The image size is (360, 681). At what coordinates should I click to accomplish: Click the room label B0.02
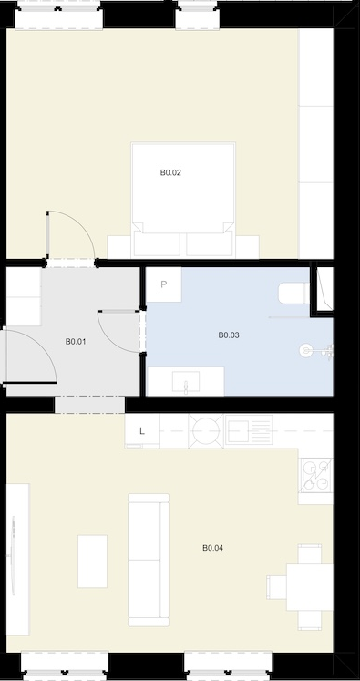click(x=170, y=173)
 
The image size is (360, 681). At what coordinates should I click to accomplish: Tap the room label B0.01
click(x=76, y=342)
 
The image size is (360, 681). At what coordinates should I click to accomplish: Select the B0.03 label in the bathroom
click(x=229, y=335)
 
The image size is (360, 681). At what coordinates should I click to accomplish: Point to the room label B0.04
click(x=212, y=548)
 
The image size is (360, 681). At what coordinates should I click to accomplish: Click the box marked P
click(x=164, y=284)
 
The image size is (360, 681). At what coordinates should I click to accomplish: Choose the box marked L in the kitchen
click(x=142, y=431)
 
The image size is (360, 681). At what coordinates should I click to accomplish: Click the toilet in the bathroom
click(x=294, y=294)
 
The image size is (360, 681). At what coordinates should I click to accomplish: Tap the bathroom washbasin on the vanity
click(x=186, y=382)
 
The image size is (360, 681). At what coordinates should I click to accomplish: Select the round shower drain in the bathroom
click(x=306, y=350)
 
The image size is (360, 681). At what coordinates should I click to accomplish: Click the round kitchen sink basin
click(x=206, y=431)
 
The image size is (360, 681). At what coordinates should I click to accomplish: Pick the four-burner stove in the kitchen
click(x=315, y=476)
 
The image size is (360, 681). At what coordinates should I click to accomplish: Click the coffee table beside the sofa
click(x=92, y=562)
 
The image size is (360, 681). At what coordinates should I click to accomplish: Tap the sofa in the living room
click(x=149, y=560)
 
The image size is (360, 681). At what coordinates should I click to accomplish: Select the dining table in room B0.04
click(x=310, y=587)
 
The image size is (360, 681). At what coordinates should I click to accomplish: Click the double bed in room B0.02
click(x=183, y=200)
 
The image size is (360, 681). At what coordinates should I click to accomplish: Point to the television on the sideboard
click(x=13, y=556)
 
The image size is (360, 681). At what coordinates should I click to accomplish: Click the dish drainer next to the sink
click(x=249, y=430)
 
